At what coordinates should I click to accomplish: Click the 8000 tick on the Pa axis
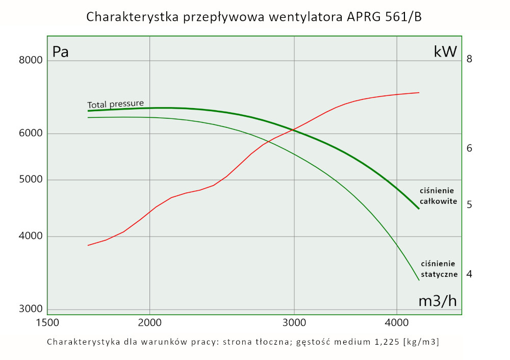31,61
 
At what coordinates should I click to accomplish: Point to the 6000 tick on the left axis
31,134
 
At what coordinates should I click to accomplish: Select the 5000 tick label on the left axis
31,179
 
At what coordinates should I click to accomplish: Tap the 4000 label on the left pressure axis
31,237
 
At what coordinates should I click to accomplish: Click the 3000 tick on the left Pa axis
31,309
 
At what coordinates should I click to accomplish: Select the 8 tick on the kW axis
470,59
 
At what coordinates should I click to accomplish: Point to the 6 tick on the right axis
470,148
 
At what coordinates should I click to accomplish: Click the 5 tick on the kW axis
470,205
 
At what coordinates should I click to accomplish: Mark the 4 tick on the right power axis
470,274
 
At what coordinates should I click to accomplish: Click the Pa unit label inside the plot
61,52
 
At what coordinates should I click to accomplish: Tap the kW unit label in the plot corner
445,52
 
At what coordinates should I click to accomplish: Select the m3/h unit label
437,301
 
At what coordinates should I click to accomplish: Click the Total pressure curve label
115,104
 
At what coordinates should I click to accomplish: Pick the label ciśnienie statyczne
438,269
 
